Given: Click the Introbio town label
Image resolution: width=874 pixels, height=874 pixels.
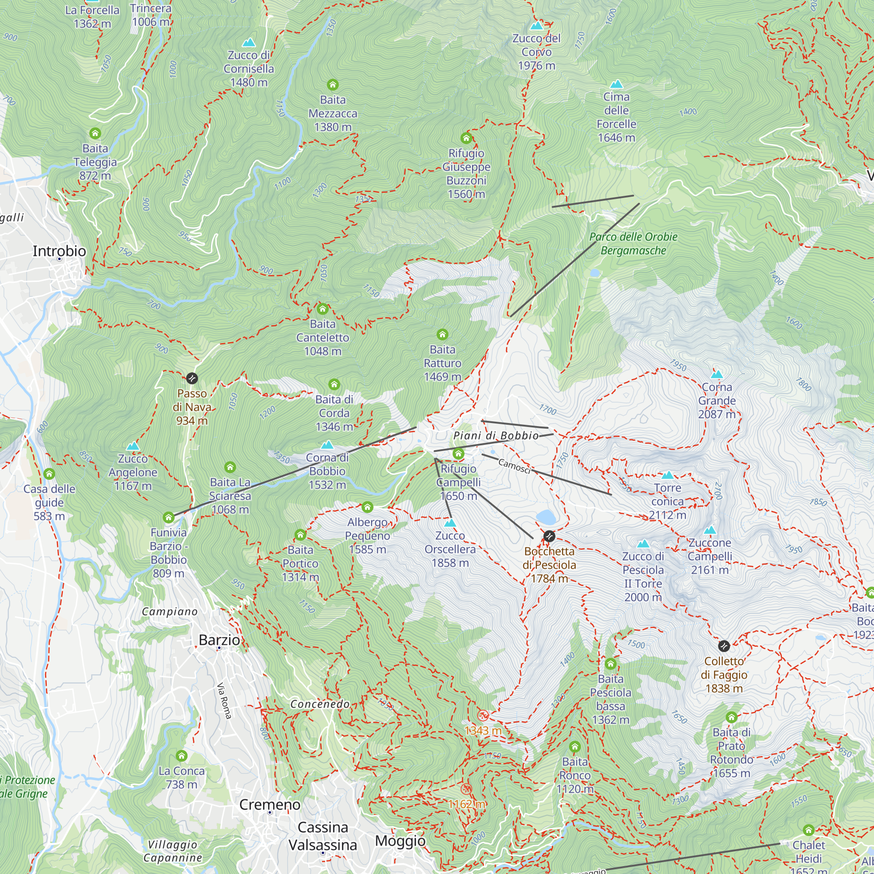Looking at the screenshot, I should point(59,251).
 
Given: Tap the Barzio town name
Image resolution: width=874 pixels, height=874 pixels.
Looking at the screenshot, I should point(219,640).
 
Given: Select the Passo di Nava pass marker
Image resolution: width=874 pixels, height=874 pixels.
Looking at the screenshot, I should point(192,378).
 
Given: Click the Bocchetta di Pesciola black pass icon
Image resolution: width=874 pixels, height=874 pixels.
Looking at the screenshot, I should point(549,536).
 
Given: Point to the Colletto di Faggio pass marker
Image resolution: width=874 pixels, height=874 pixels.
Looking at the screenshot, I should point(724,646).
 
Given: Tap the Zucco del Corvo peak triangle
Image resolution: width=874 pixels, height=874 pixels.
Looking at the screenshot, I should point(537,26).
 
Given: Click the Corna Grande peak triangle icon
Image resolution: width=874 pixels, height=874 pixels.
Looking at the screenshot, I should point(717,375).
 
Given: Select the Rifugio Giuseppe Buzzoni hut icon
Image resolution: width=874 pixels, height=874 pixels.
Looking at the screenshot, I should point(466,138).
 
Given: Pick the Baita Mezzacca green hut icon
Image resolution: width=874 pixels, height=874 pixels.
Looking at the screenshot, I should point(333,85).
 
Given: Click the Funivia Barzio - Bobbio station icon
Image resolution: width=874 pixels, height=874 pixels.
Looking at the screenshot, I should point(169,517).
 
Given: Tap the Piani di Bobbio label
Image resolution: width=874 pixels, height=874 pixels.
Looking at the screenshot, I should point(496,436).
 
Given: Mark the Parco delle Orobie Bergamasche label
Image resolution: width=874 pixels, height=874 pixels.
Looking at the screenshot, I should point(633,243).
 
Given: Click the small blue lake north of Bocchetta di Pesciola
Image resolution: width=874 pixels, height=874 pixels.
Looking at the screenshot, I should point(545,516).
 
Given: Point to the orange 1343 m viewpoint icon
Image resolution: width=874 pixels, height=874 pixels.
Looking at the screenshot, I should point(483,716).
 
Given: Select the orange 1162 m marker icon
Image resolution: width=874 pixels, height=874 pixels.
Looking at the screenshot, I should point(466,789).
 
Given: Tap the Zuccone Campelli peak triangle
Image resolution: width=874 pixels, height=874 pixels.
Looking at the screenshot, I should point(710,530).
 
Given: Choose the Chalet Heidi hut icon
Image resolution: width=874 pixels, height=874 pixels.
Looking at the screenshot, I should point(808,830).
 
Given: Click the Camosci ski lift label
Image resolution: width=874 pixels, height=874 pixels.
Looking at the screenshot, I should point(514,466).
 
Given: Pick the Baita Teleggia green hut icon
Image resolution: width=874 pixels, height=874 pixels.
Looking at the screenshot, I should point(95,133).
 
